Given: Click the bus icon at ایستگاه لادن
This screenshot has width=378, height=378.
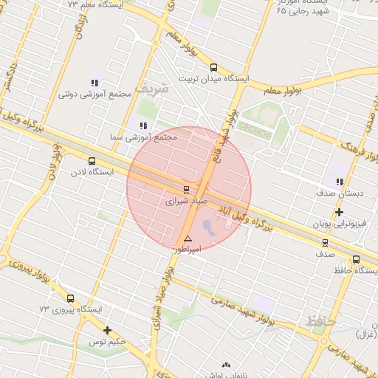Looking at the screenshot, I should point(92,161).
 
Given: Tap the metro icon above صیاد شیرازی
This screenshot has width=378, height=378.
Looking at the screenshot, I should point(186,188).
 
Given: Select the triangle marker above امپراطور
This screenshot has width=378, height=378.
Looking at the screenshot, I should point(188,238).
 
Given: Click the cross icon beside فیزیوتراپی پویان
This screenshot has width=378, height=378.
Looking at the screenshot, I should point(338,213).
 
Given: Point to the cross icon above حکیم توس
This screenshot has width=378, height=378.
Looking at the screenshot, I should point(108,330).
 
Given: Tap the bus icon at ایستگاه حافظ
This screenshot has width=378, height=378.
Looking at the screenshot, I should point(357,259).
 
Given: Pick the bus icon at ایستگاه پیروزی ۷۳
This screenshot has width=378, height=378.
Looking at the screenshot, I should point(70,298).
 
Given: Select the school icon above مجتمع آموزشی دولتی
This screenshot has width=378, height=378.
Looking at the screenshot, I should point(94,83).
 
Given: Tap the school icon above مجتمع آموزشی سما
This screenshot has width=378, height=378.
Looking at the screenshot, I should point(142,126).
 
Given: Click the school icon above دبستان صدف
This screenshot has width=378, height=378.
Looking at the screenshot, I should point(340,182).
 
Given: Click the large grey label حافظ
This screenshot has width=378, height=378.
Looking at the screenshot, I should point(320,321).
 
